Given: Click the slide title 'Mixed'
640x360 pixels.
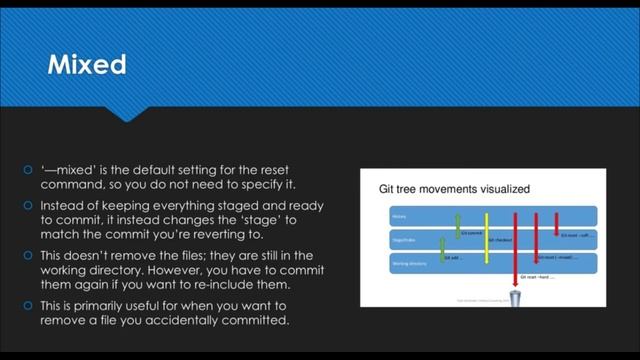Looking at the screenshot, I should coord(88,66).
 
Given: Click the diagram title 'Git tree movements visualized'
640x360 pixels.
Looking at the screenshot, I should coord(453,188).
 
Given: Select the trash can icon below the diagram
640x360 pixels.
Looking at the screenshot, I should coord(516,298).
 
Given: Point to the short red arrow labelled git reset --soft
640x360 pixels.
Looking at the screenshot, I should coord(557,222).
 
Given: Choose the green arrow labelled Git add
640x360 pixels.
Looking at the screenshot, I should coord(442,248).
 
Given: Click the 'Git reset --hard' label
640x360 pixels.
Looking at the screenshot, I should coord(536,277).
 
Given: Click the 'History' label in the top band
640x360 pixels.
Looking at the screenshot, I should coord(397,215).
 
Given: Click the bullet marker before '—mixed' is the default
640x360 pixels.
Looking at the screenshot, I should coord(30,171).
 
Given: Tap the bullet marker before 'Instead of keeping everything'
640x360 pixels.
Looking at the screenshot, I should coord(30,205).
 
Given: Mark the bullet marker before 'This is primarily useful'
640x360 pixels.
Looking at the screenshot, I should coord(30,307).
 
